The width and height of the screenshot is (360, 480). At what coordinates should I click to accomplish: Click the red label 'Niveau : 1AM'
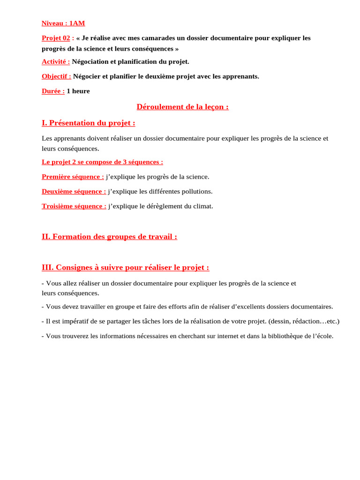(x=63, y=23)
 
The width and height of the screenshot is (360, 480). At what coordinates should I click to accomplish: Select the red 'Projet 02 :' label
(x=58, y=38)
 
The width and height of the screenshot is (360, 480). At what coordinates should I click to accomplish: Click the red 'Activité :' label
(x=56, y=61)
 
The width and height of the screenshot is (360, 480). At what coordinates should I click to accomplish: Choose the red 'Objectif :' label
(x=56, y=76)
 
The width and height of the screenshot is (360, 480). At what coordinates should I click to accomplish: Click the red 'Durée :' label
(x=53, y=91)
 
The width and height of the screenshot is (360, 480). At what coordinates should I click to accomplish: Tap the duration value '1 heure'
(x=78, y=91)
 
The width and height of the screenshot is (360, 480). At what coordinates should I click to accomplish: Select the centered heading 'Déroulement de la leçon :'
(x=182, y=107)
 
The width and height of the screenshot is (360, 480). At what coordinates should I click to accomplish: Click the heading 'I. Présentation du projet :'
(x=88, y=123)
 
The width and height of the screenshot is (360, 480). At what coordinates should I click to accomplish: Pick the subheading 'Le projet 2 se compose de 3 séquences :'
(x=102, y=162)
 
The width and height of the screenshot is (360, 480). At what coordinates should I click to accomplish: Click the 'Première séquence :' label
(x=73, y=177)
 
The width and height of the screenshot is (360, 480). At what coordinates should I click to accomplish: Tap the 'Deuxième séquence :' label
(x=74, y=191)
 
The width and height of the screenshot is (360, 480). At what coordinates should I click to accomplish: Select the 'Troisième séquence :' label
(x=74, y=206)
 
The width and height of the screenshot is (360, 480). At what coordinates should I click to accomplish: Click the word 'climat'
(x=202, y=206)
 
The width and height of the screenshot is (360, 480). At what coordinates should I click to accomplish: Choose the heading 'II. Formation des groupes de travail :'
(x=109, y=237)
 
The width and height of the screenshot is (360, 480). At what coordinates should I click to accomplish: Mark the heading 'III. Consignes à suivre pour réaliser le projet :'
(x=125, y=267)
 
